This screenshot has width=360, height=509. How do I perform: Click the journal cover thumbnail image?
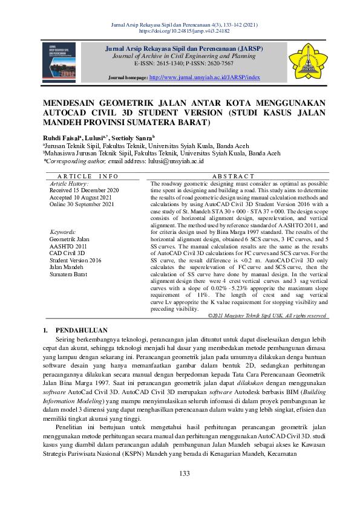[59, 62]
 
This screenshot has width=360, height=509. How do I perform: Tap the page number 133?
[180, 473]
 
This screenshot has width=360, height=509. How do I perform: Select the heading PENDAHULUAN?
[81, 330]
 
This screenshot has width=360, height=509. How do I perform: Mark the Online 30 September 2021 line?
[82, 204]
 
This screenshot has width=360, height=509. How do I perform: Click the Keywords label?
[63, 232]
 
